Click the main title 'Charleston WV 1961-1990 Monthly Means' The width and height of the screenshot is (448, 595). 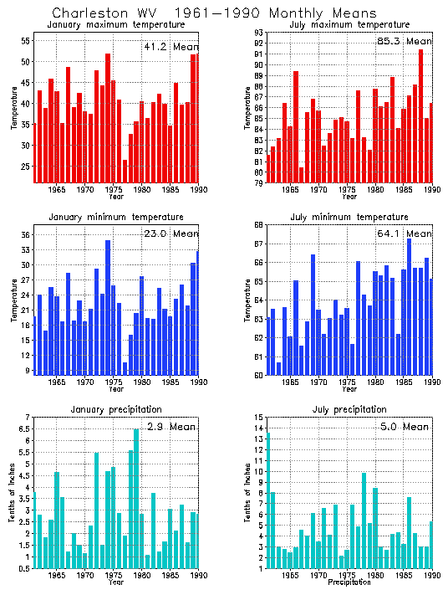click(x=214, y=13)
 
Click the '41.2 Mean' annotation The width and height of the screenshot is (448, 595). click(x=171, y=47)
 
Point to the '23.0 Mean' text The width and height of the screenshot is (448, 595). click(x=171, y=233)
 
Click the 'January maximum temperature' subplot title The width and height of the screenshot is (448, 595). click(x=116, y=25)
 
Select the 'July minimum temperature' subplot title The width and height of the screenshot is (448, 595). click(x=349, y=217)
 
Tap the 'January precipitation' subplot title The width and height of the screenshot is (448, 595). click(x=116, y=409)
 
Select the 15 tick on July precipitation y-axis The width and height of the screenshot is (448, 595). click(x=259, y=418)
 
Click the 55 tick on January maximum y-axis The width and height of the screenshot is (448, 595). click(x=26, y=41)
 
